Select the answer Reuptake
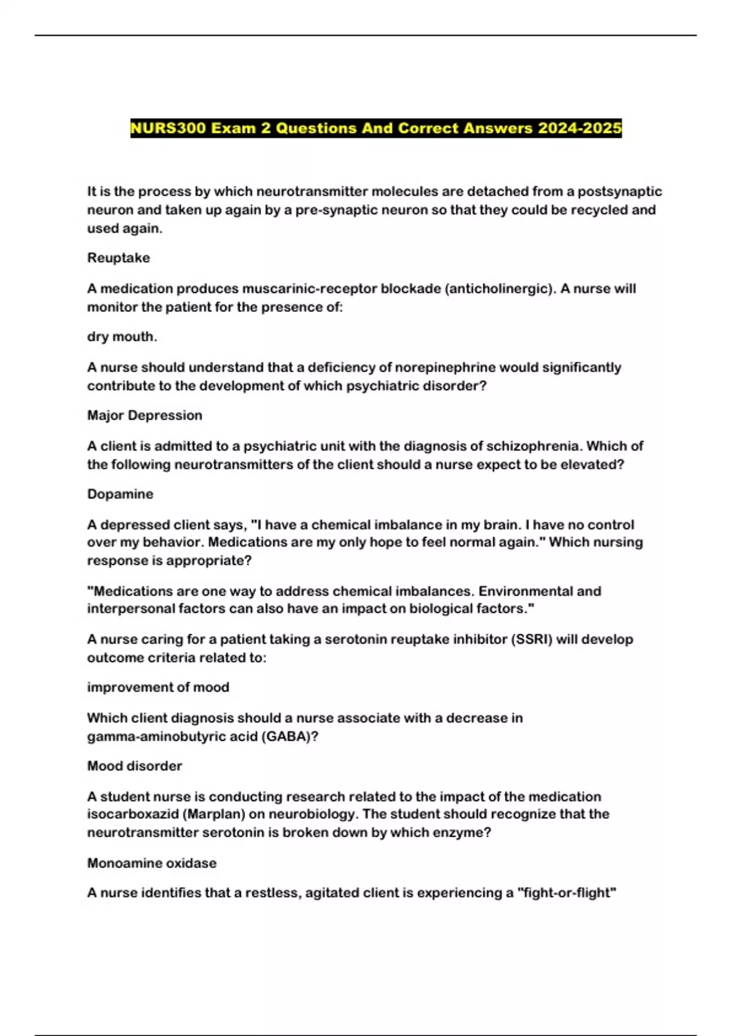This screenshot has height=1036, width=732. coord(118,258)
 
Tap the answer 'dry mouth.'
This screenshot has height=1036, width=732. coord(122,336)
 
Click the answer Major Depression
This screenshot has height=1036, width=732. coord(145,415)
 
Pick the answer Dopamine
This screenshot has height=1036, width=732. coord(120,494)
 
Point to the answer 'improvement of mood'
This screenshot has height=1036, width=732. coord(158,687)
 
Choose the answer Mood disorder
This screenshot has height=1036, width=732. coord(134,765)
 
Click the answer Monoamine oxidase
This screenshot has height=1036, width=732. coord(152,863)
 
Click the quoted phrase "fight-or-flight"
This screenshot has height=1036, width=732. coord(567,893)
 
